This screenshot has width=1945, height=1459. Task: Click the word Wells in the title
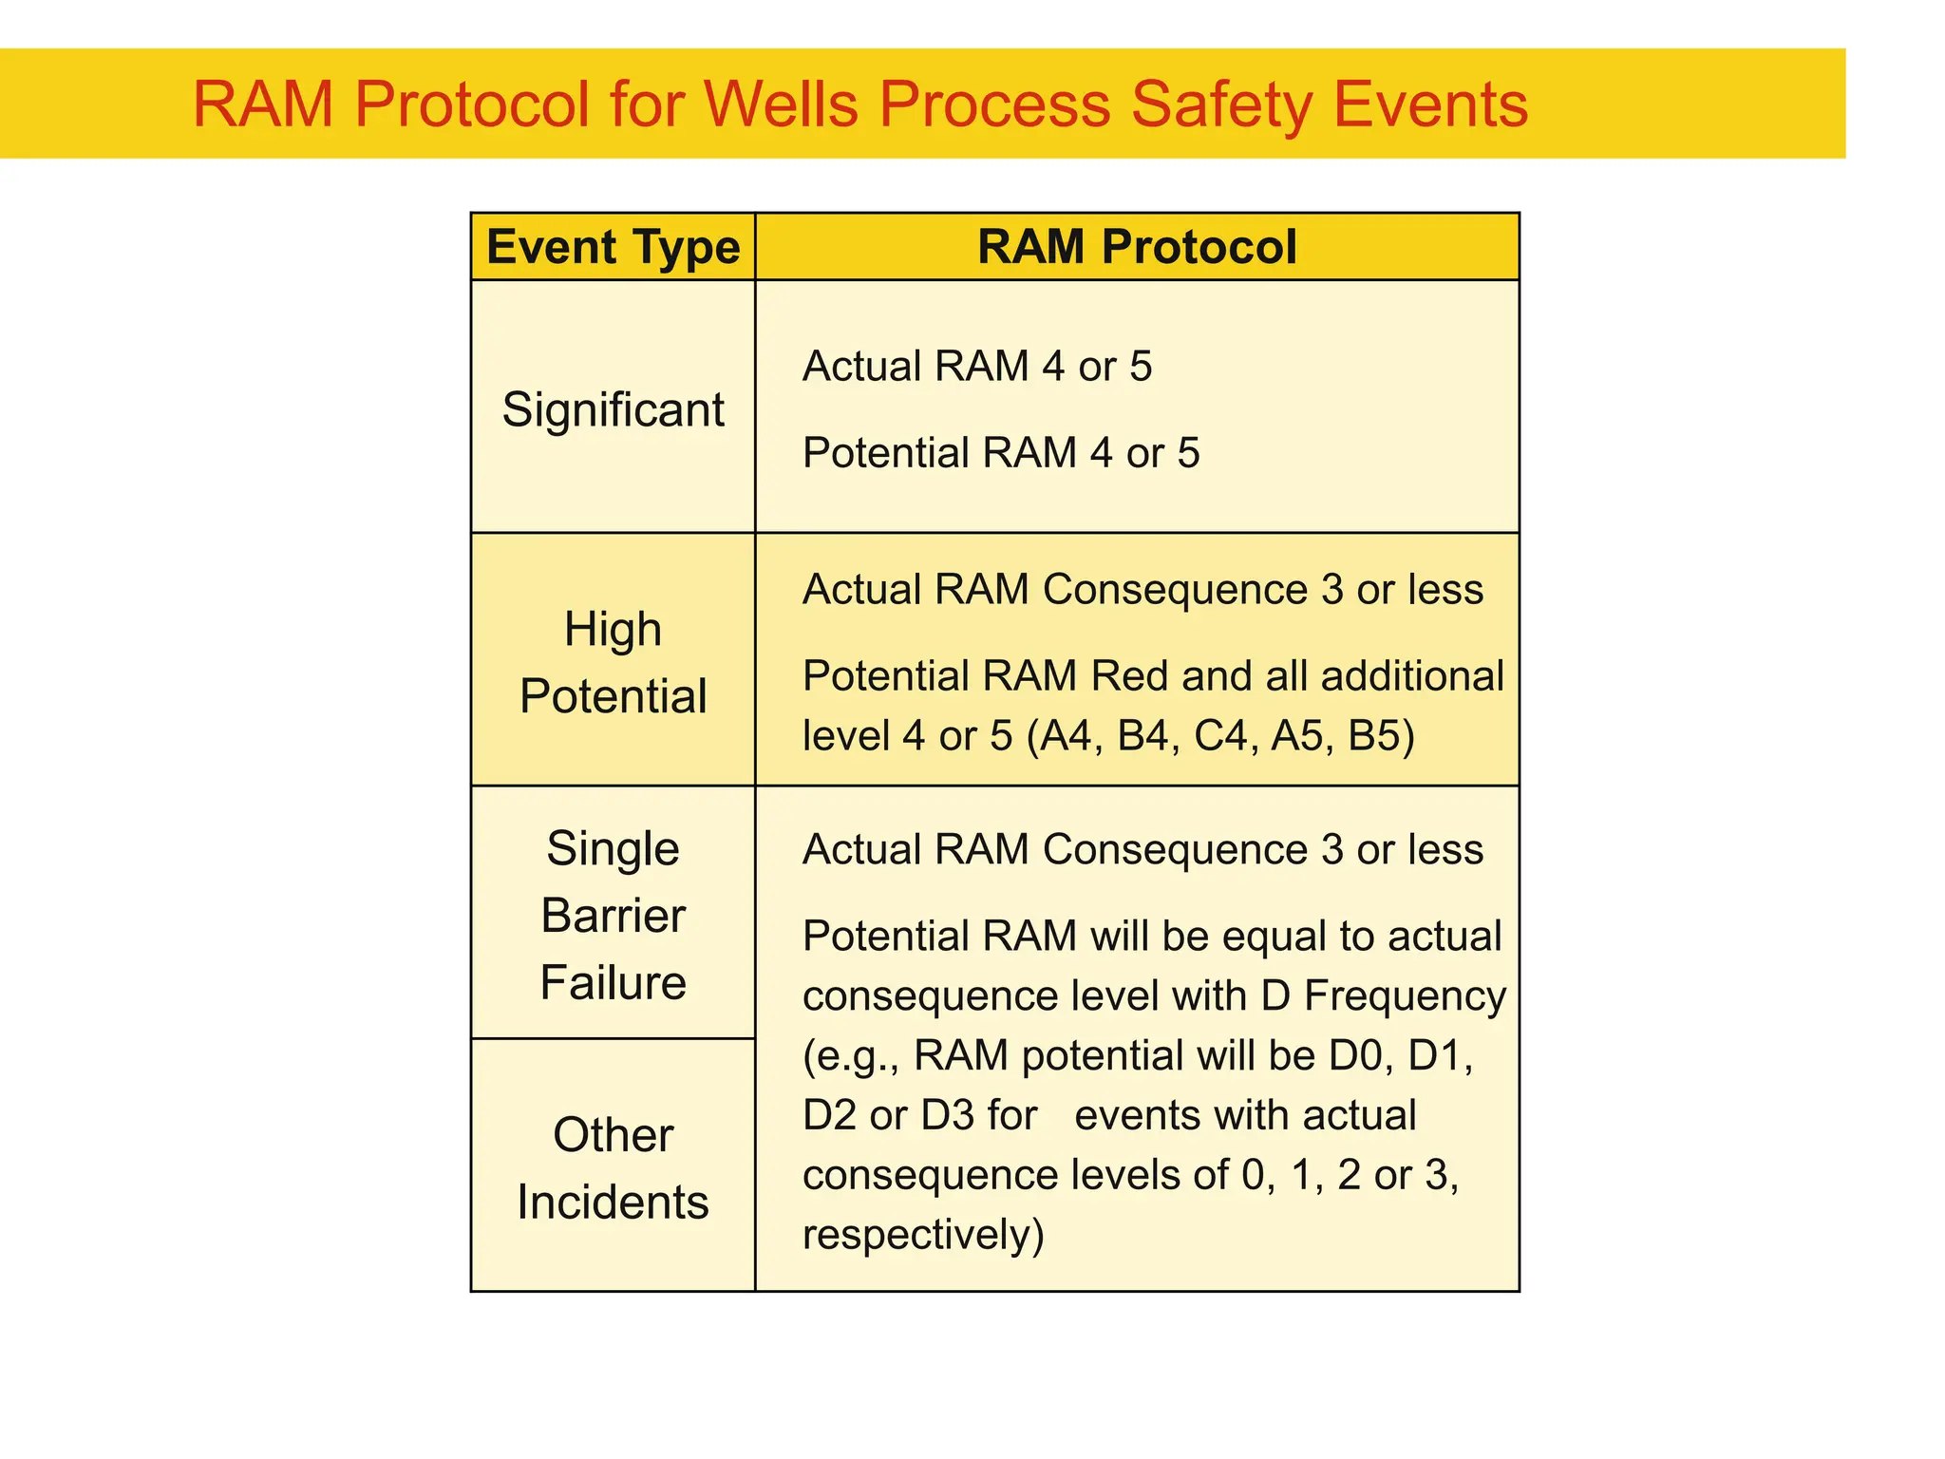[x=784, y=104]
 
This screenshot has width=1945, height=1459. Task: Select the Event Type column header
[x=613, y=247]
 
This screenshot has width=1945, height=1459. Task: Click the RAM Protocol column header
[x=1137, y=247]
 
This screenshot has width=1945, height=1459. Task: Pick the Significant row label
[x=613, y=409]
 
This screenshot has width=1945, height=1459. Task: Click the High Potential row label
[x=613, y=662]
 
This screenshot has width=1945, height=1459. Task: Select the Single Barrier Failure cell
[x=613, y=915]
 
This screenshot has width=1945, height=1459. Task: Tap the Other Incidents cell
[x=613, y=1167]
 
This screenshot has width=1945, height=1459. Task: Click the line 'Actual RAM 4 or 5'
[x=977, y=367]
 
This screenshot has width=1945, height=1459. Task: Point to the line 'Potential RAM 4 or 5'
[x=1001, y=453]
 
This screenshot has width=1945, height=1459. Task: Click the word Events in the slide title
[x=1431, y=104]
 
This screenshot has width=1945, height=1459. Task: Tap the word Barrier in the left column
[x=613, y=916]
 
